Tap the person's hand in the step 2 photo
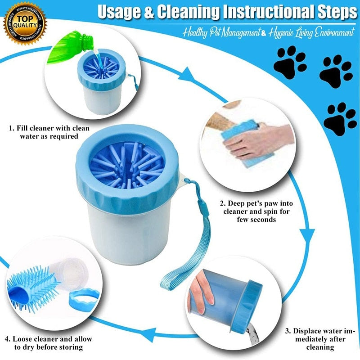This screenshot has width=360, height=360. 250,139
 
